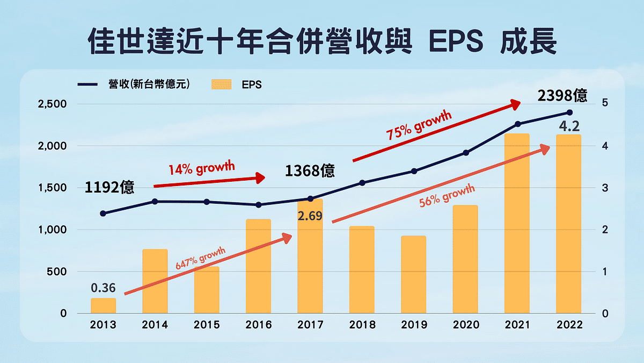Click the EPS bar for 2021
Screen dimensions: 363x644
[517, 223]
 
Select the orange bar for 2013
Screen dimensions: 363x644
[103, 305]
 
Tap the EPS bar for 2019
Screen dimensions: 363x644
[413, 274]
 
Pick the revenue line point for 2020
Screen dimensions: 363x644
[466, 153]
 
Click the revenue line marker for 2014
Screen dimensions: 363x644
[155, 201]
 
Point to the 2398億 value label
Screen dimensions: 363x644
[562, 96]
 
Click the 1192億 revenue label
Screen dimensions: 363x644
[109, 188]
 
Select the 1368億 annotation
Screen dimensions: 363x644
[310, 171]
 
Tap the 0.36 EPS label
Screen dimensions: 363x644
[103, 288]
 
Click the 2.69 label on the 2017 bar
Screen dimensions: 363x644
[310, 218]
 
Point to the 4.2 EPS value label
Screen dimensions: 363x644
[569, 127]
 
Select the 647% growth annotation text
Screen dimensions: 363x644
[201, 259]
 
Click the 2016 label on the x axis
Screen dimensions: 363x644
[258, 325]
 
